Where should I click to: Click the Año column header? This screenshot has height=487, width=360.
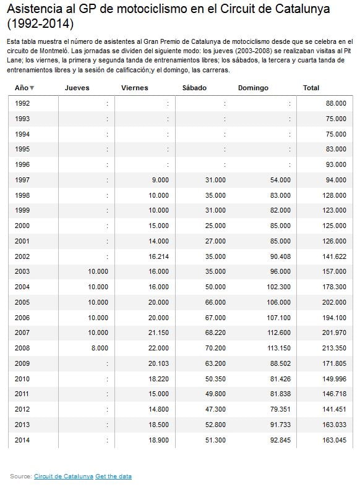[21, 88]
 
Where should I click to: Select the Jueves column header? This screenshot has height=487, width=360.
[77, 88]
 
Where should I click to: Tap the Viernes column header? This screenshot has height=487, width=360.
[135, 88]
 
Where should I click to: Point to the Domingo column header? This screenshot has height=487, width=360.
[253, 88]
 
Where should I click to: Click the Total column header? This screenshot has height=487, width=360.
[311, 88]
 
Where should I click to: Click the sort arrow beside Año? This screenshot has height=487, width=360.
[32, 88]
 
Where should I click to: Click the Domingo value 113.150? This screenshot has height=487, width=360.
[276, 348]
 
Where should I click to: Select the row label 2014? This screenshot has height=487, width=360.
[22, 440]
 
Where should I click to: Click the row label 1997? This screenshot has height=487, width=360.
[22, 180]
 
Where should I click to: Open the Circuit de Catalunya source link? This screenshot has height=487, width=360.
[64, 476]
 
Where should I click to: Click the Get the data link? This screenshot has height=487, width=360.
[113, 476]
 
